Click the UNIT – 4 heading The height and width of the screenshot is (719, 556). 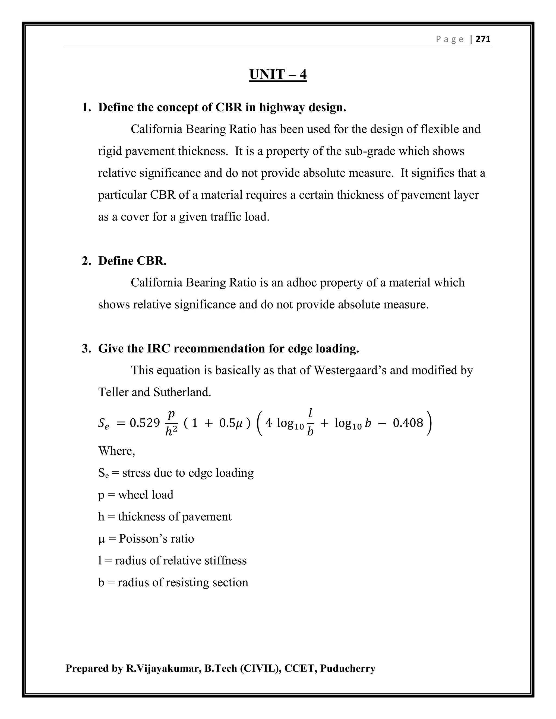pyautogui.click(x=278, y=74)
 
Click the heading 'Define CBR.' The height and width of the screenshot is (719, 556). pyautogui.click(x=132, y=261)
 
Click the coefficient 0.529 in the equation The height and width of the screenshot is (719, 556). pyautogui.click(x=145, y=423)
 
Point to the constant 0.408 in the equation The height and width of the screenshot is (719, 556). pyautogui.click(x=408, y=423)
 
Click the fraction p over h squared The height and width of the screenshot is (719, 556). pyautogui.click(x=171, y=423)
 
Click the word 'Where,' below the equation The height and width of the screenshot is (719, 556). pyautogui.click(x=116, y=451)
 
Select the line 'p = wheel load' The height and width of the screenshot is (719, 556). pyautogui.click(x=136, y=494)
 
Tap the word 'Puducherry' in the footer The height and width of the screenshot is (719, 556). pyautogui.click(x=347, y=669)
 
